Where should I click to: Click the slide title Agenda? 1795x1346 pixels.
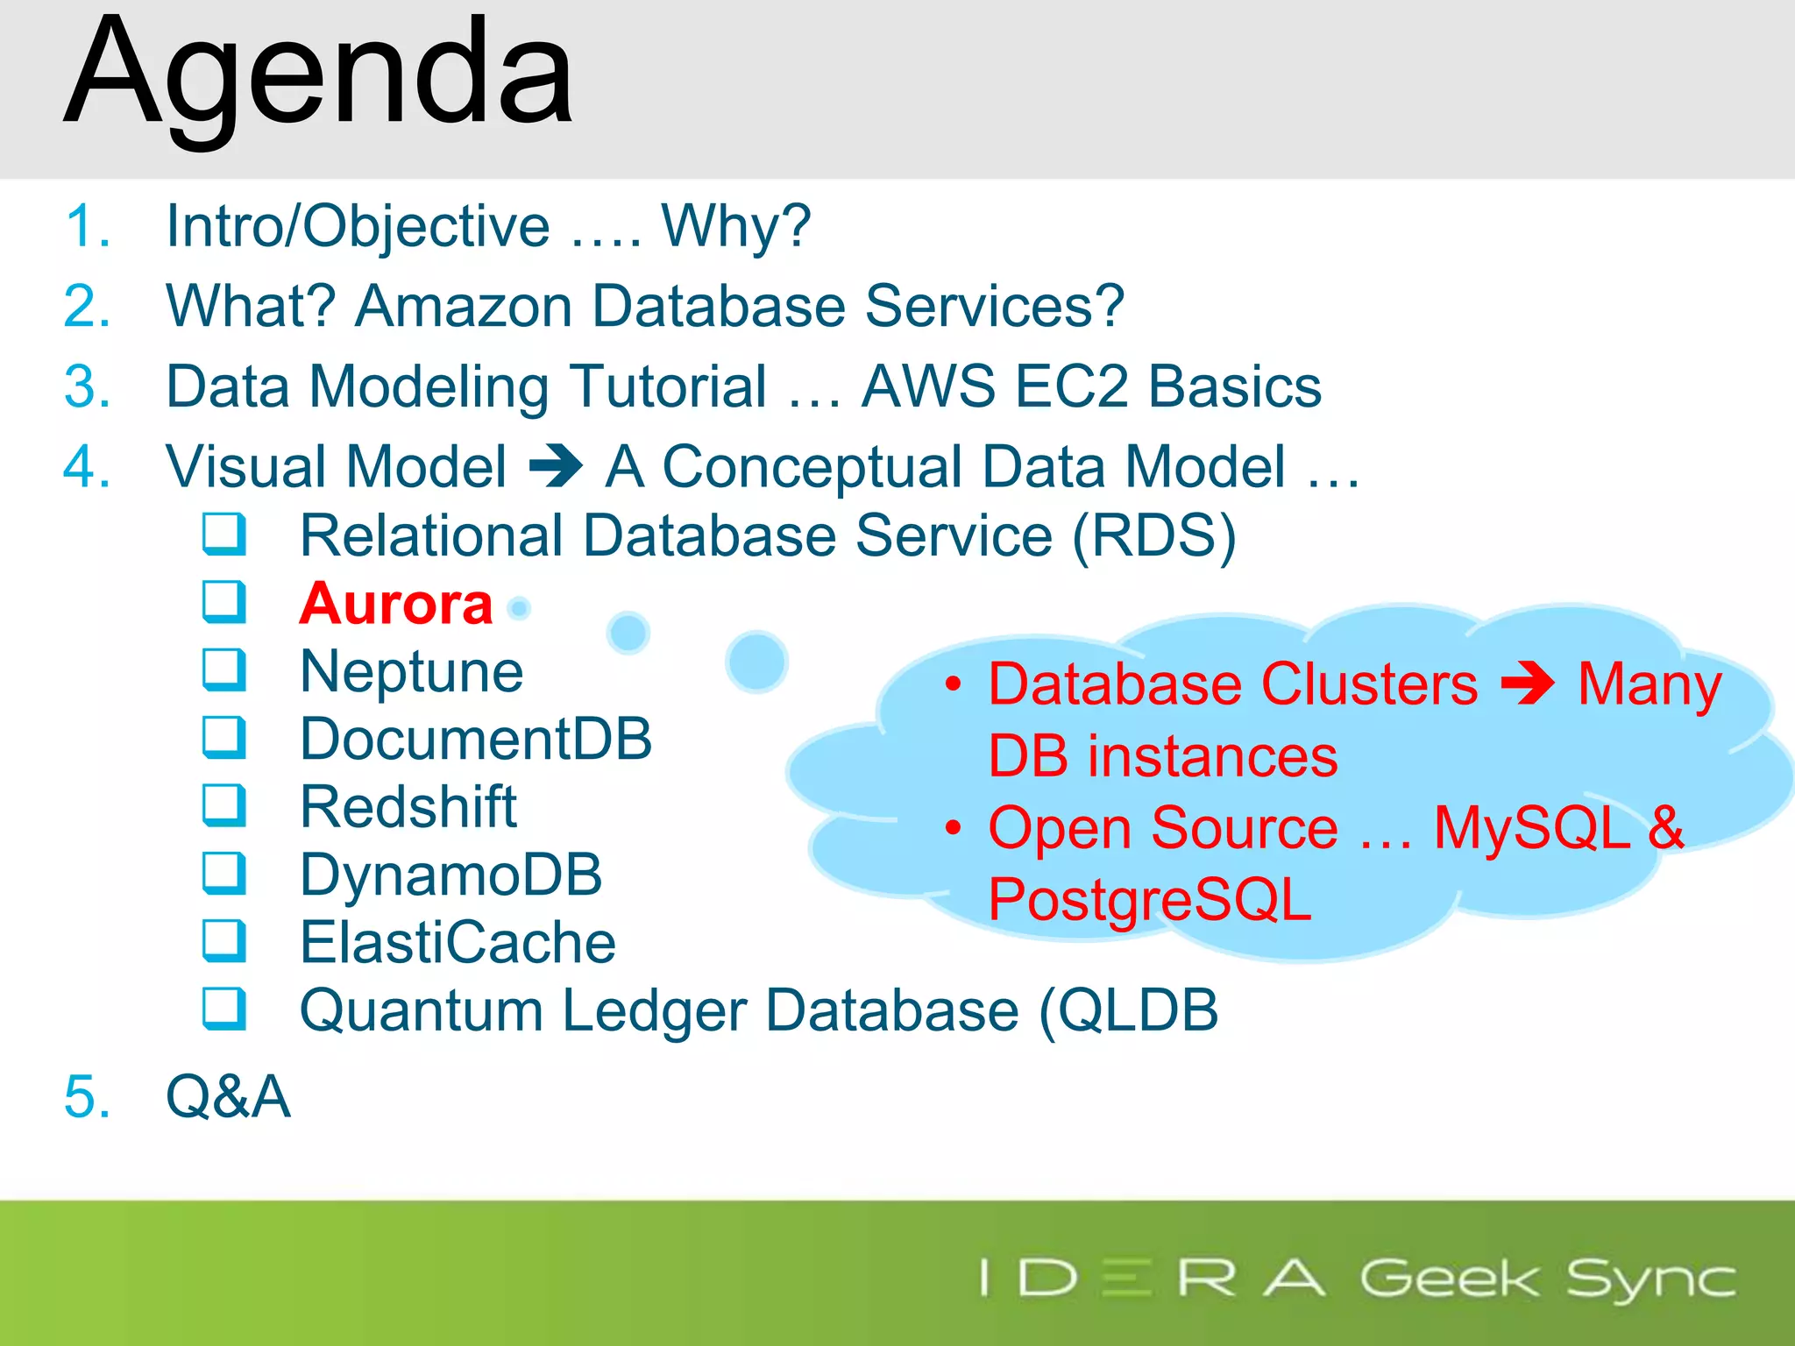click(319, 75)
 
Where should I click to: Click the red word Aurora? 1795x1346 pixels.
click(396, 604)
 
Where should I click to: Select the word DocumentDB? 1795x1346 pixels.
click(476, 739)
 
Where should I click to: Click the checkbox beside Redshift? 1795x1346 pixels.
click(223, 805)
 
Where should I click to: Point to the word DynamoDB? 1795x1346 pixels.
click(451, 875)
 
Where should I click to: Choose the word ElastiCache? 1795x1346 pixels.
click(458, 942)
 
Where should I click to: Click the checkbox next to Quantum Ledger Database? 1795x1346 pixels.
click(223, 1009)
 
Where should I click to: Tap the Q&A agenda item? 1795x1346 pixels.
click(228, 1096)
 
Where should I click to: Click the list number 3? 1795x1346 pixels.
click(87, 386)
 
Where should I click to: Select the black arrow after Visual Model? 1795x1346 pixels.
click(556, 465)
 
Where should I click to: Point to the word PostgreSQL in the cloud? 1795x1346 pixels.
click(1149, 899)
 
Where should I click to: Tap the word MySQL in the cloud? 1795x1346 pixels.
click(1531, 827)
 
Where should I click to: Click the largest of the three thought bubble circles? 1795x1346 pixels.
click(756, 662)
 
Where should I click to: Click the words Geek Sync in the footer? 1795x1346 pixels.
click(1547, 1279)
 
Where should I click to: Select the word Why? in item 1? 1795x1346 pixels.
click(736, 226)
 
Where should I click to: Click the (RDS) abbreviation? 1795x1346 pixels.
click(1153, 535)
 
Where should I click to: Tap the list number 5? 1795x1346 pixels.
click(87, 1096)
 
